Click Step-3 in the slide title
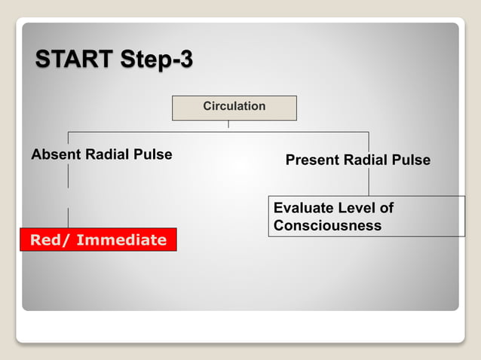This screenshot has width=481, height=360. [155, 59]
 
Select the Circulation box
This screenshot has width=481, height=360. [234, 107]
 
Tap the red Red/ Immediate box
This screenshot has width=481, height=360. [98, 239]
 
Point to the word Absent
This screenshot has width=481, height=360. [55, 154]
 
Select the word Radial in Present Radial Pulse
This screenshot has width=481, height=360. [366, 160]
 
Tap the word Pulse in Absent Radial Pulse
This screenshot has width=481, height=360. [153, 154]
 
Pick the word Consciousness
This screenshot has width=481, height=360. [327, 226]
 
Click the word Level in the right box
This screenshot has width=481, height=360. [357, 208]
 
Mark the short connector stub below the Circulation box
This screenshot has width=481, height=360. [228, 126]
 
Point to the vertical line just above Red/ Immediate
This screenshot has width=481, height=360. [69, 218]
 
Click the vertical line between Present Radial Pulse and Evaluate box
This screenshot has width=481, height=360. [369, 182]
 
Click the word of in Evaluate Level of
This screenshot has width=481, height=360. [386, 208]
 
